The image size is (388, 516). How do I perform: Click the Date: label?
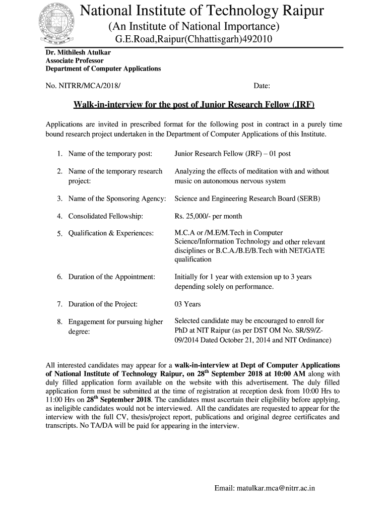pos(262,86)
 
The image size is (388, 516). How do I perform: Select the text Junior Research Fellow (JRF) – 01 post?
pos(232,153)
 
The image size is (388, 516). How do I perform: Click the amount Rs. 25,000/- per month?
pos(208,216)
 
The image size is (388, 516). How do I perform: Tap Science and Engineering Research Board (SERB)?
pos(247,199)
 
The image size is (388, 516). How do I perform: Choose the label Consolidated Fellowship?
pos(106,216)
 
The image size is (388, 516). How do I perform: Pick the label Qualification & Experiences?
pos(111,233)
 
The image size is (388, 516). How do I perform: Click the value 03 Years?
pos(187,304)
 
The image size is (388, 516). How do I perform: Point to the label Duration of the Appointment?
pos(111,277)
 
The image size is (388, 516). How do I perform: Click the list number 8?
pos(59,321)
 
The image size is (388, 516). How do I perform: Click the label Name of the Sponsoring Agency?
pos(117,199)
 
